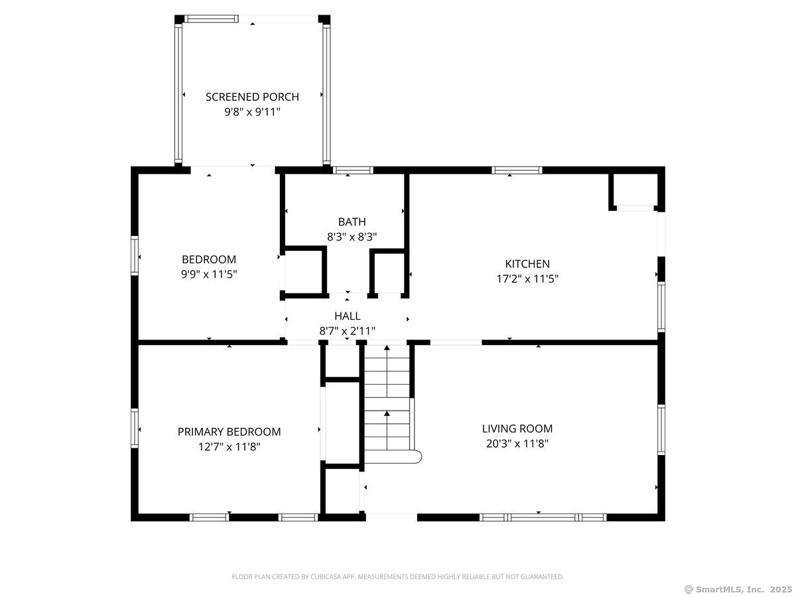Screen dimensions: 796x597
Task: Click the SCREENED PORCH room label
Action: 252,97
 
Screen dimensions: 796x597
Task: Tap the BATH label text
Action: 352,222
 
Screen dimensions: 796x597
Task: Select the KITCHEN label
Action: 527,263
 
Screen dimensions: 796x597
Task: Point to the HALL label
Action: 347,316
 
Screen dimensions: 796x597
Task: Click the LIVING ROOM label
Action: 517,429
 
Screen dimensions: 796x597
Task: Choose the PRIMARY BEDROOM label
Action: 229,432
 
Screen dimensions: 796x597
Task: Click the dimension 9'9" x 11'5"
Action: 209,274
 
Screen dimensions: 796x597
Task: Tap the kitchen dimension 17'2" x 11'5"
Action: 527,279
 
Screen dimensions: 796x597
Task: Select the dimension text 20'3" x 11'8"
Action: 517,444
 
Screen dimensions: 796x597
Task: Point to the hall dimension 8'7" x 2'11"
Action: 347,331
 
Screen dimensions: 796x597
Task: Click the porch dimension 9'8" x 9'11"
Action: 252,111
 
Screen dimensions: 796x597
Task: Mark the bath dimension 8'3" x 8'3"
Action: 352,237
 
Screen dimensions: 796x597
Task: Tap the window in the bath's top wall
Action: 353,170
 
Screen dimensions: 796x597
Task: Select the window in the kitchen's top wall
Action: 517,170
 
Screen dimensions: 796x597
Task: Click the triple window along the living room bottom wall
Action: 543,517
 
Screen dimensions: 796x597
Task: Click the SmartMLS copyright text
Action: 738,589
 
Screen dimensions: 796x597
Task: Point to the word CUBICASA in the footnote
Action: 326,576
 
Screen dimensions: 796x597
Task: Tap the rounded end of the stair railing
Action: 418,457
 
